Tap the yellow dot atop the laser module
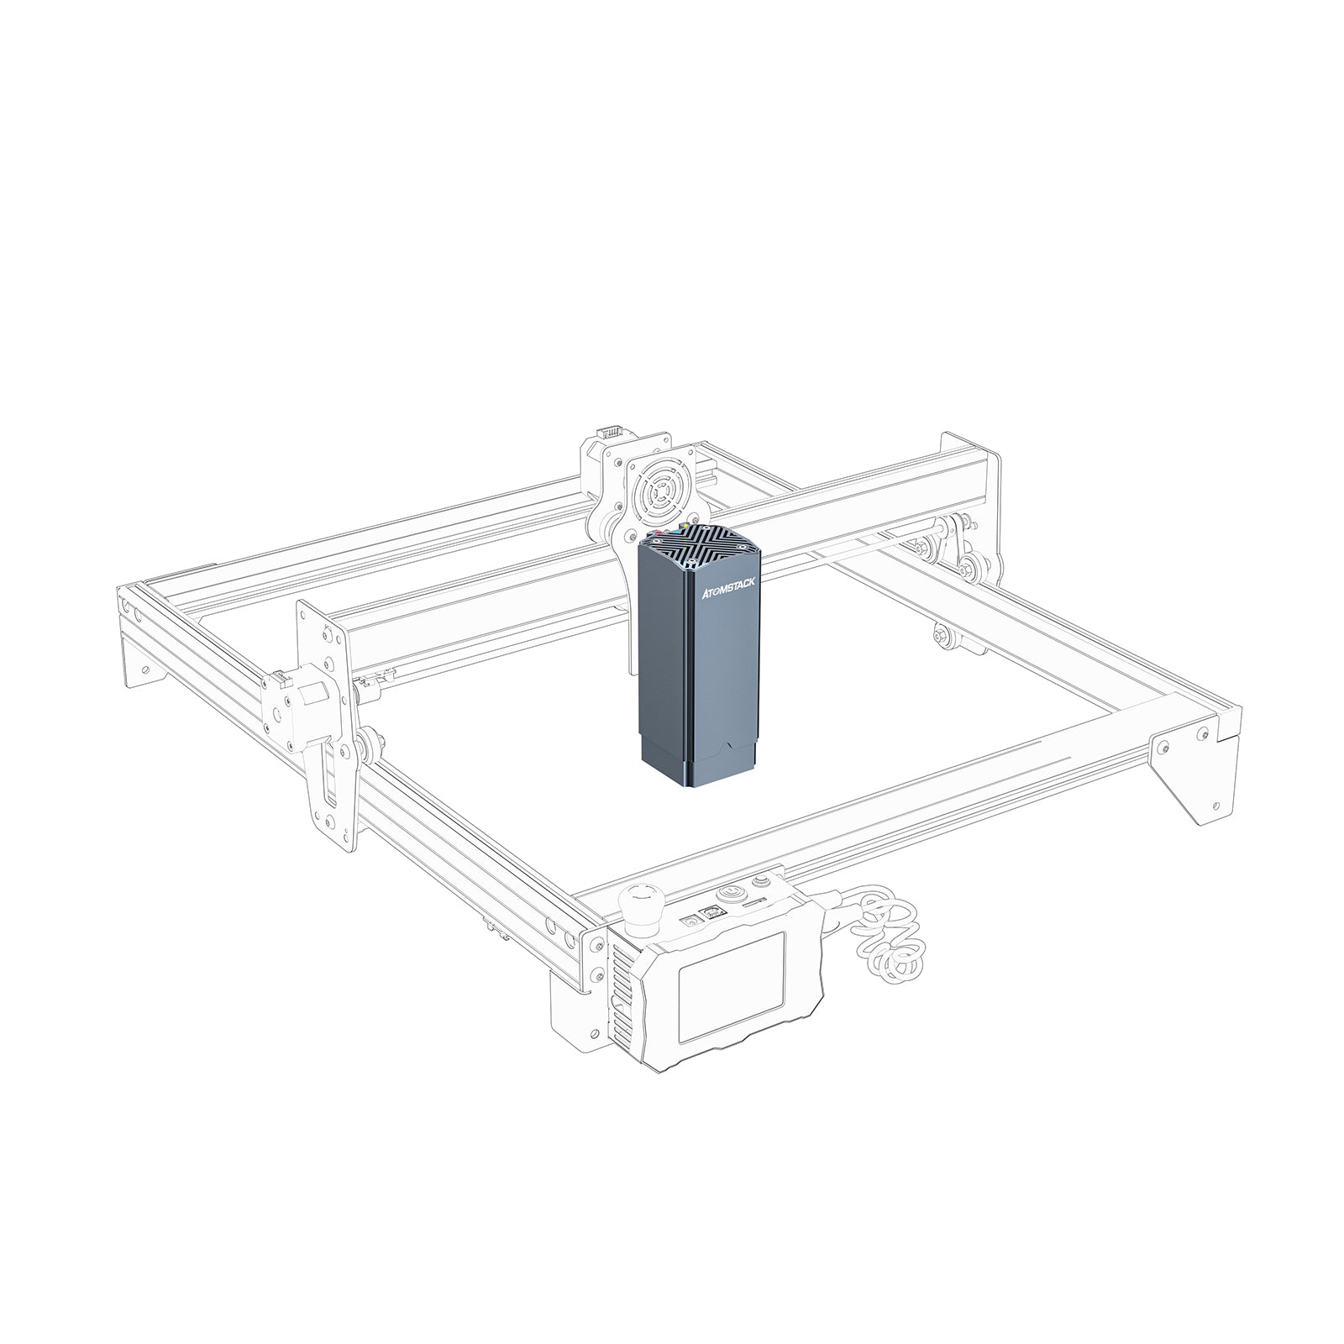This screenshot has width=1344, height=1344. [688, 528]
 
